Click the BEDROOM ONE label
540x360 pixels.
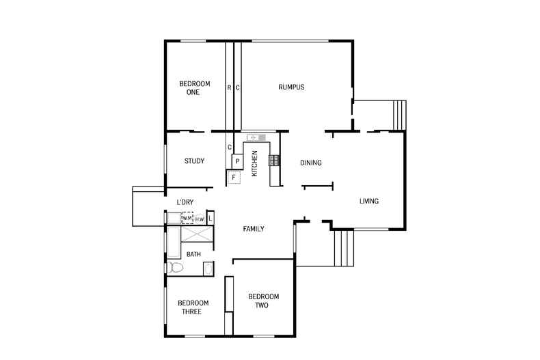point(194,87)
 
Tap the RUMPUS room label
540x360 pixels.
point(291,87)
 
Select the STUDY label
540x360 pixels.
point(194,161)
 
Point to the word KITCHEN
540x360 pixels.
point(254,164)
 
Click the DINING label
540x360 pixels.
point(311,163)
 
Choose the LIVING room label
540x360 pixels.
point(369,201)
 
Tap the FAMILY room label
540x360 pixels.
point(254,229)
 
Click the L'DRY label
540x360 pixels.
point(185,202)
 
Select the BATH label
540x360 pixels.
point(194,255)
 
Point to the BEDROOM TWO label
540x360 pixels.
point(262,301)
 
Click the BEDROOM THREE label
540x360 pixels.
point(193,307)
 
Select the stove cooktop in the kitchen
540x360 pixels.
point(273,161)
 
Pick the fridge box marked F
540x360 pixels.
point(234,178)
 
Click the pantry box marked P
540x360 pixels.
point(237,161)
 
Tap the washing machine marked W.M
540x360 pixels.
point(187,219)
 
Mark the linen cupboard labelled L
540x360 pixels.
point(211,219)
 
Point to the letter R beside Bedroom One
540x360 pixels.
point(229,87)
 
